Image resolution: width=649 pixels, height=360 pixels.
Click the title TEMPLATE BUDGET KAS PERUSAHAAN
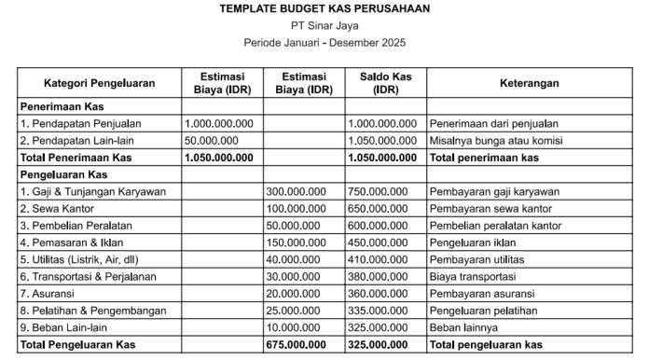click(324, 8)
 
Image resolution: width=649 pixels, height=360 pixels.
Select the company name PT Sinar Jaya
click(324, 25)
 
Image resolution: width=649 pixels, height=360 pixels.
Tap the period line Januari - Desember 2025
click(324, 43)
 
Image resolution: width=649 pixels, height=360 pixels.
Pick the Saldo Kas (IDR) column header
click(384, 83)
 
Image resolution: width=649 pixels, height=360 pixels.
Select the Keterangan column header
click(529, 83)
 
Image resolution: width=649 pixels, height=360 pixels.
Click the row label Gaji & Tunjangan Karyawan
click(92, 192)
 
